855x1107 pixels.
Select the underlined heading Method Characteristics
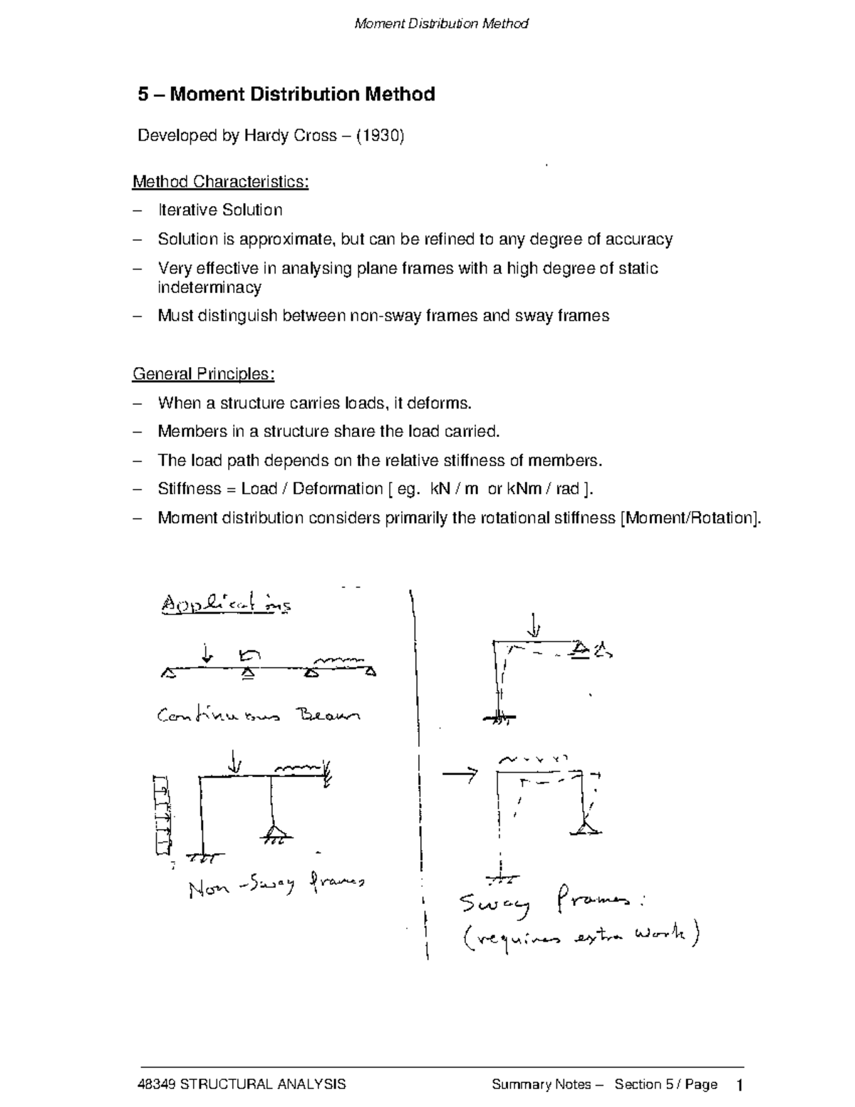pos(220,182)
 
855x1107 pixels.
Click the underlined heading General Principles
pos(203,374)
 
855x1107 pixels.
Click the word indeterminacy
pos(209,288)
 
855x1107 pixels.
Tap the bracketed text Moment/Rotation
pos(690,518)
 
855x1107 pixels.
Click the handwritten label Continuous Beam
pos(259,714)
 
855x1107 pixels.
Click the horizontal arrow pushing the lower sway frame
pos(459,775)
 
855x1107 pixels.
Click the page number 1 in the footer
pos(740,1086)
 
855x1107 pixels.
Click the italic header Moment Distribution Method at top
pos(441,24)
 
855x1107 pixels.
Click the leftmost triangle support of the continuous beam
pos(167,671)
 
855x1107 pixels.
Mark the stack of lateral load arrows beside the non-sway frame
pos(162,815)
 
